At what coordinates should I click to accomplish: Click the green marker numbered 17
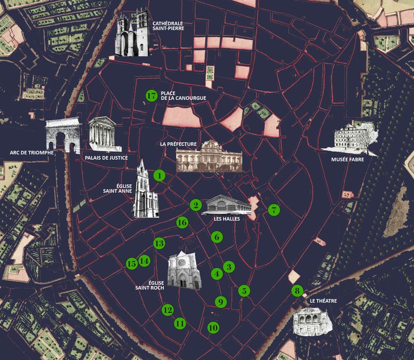click(151, 96)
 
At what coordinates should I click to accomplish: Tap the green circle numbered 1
click(159, 176)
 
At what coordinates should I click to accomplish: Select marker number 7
click(274, 209)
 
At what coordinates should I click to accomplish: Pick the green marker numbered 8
click(297, 291)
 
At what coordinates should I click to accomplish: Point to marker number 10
click(213, 327)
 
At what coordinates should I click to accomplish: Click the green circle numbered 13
click(159, 243)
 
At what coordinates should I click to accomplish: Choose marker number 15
click(131, 263)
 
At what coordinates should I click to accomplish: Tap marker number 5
click(244, 291)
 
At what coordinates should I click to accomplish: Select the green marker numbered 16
click(182, 222)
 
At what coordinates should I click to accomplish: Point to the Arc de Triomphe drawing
click(61, 136)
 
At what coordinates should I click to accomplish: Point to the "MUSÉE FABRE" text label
click(347, 160)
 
